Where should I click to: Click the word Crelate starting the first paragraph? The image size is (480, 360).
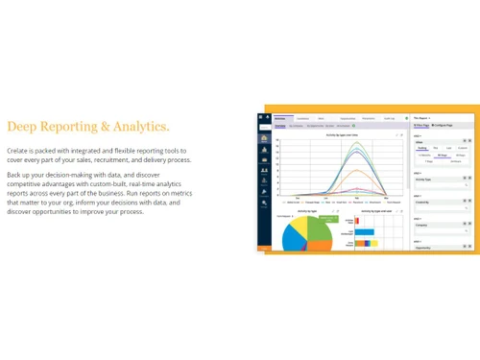[x=19, y=151]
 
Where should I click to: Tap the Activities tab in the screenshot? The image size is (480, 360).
[x=280, y=118]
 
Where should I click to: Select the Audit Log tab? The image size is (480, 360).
[x=389, y=118]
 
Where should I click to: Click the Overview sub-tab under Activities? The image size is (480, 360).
[x=280, y=126]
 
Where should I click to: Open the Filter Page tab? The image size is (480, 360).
[x=420, y=126]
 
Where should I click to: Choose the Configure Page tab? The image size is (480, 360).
[x=443, y=126]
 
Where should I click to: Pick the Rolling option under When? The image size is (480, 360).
[x=422, y=148]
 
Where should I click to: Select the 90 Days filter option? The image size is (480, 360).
[x=442, y=155]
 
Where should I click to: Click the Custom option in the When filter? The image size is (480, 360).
[x=463, y=148]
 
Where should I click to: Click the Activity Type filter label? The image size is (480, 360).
[x=423, y=179]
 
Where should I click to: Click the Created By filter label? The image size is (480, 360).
[x=422, y=203]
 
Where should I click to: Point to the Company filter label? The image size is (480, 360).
[x=421, y=226]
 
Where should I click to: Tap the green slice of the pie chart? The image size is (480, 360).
[x=319, y=228]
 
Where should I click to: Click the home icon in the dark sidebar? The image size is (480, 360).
[x=263, y=137]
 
